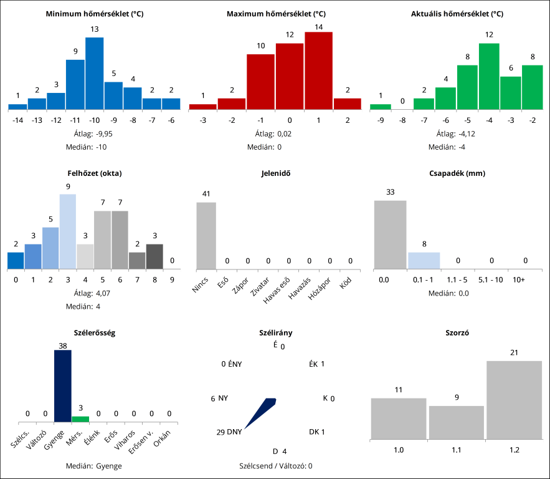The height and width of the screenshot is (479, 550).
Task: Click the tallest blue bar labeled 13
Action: click(x=94, y=74)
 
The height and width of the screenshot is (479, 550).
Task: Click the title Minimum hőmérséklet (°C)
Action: click(x=95, y=13)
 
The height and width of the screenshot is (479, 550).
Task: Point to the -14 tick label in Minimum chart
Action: click(x=17, y=120)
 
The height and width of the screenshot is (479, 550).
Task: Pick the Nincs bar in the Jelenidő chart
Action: click(x=206, y=236)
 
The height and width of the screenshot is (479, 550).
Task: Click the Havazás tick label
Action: click(x=301, y=286)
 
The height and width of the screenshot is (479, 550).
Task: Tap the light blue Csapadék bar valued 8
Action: click(x=424, y=261)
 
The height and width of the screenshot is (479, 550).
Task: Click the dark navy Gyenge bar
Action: click(x=62, y=386)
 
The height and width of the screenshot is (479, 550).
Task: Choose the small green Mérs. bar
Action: click(x=80, y=419)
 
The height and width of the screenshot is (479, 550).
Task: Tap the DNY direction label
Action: click(x=234, y=432)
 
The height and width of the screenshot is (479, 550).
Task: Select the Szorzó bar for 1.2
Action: click(x=514, y=400)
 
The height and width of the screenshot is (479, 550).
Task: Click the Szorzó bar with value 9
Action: click(x=457, y=422)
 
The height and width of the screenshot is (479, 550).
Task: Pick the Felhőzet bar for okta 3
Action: click(x=68, y=231)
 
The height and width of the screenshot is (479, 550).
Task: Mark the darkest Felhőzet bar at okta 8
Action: click(x=154, y=256)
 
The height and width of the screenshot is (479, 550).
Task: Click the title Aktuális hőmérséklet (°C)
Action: click(x=457, y=13)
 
